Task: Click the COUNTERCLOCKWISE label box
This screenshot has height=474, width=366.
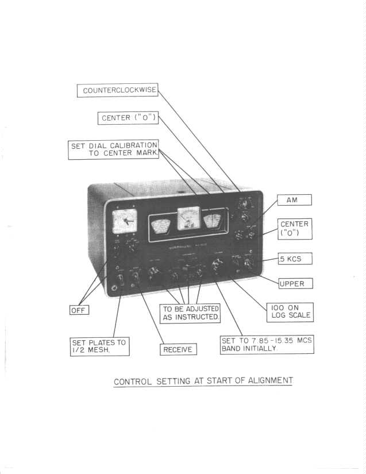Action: point(118,91)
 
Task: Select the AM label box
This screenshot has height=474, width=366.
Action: point(295,200)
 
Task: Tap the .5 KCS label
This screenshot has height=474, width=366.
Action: point(295,260)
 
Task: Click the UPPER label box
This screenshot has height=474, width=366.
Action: point(295,283)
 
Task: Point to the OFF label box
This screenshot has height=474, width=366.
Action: point(79,310)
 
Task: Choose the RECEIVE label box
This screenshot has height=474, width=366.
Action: point(178,349)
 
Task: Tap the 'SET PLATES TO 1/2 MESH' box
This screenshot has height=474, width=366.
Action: point(99,346)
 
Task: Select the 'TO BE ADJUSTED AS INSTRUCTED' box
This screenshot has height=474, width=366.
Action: point(190,313)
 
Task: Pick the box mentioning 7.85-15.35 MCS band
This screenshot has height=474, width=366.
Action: point(267,345)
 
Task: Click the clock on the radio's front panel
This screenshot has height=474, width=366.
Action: point(125,221)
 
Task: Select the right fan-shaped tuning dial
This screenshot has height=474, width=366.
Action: point(214,222)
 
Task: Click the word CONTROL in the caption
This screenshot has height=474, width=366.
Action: point(134,381)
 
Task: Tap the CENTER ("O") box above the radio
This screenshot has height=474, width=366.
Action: point(127,118)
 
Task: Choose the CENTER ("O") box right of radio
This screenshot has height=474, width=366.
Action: point(295,229)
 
